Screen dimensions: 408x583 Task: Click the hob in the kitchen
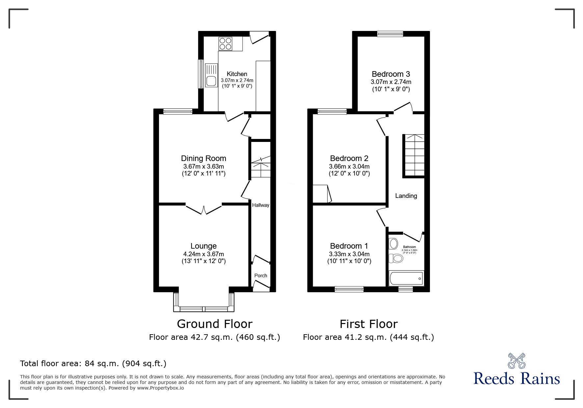[225, 44]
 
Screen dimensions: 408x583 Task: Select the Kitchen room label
[237, 74]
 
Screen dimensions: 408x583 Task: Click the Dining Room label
[203, 158]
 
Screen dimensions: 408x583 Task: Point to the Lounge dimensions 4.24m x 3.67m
[203, 254]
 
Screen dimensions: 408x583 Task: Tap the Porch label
[260, 275]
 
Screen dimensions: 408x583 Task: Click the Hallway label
[260, 205]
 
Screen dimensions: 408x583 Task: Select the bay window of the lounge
[204, 309]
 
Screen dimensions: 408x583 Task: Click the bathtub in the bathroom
[406, 279]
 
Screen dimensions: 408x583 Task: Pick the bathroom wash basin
[393, 244]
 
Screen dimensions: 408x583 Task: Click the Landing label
[406, 196]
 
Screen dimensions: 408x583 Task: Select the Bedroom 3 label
[391, 74]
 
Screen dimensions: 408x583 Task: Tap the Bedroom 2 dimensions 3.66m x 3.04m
[349, 167]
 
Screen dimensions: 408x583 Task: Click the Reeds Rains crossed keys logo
[516, 361]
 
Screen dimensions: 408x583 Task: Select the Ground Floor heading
[215, 324]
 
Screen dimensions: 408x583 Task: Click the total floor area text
[93, 364]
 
